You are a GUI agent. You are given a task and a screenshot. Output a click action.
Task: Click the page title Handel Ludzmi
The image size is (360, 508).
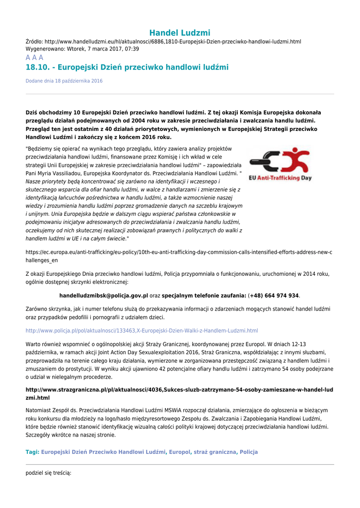[x=180, y=33]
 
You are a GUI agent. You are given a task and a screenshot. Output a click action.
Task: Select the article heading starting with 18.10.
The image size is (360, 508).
[x=127, y=67]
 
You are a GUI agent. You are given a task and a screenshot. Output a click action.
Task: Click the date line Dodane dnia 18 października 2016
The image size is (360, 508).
[x=64, y=81]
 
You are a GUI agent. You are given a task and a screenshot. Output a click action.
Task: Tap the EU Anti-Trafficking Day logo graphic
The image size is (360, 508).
[x=281, y=164]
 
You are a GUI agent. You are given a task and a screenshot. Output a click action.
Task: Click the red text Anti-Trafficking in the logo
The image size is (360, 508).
[x=279, y=178]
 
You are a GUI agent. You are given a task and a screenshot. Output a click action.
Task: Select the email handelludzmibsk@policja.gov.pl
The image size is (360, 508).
[x=104, y=296]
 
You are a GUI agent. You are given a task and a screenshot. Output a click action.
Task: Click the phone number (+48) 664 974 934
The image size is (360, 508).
[x=274, y=296]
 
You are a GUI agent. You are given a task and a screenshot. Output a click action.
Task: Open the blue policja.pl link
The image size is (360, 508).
[x=142, y=330]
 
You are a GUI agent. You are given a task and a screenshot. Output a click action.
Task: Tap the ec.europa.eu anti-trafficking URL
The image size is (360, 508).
[x=179, y=256]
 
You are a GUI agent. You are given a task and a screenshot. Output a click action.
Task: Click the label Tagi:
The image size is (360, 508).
[x=32, y=452]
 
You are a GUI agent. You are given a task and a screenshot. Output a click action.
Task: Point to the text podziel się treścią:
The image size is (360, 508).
[x=49, y=473]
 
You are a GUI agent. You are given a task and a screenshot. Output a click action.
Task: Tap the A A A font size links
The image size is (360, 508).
[x=34, y=58]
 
